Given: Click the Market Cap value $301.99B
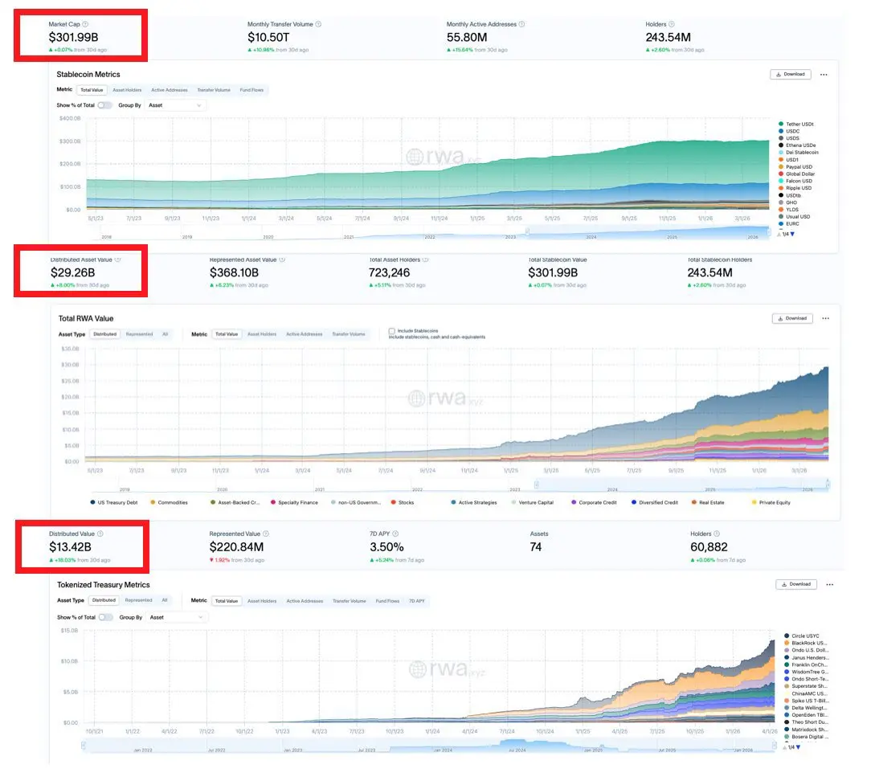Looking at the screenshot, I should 74,37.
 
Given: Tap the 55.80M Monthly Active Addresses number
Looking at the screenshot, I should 470,37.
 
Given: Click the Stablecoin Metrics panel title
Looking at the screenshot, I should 88,75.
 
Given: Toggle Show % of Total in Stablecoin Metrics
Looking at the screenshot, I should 104,105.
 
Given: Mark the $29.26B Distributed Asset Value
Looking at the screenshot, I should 72,272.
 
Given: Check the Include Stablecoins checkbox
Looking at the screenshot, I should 392,330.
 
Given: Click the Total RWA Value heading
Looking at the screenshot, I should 87,319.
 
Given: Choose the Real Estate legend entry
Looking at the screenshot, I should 711,503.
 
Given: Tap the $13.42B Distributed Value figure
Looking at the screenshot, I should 71,547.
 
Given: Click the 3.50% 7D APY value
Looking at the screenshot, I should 386,547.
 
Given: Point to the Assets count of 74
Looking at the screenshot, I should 536,547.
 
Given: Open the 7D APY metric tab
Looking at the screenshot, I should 416,600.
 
